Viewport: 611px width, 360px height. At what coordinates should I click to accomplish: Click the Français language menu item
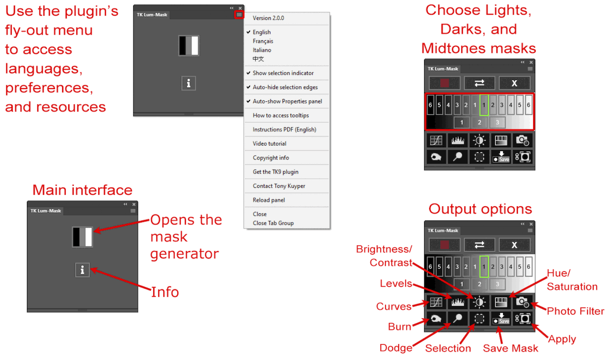click(263, 41)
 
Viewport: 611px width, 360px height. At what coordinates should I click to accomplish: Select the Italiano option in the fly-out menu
click(262, 50)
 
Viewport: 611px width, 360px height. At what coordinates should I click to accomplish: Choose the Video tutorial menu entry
click(269, 144)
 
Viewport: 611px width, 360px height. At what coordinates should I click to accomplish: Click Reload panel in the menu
click(269, 200)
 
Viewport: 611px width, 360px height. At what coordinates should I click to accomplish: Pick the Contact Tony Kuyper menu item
click(279, 186)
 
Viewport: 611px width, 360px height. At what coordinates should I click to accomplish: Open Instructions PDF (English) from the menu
click(285, 129)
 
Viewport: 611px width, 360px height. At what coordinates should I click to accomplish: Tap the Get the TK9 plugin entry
click(275, 172)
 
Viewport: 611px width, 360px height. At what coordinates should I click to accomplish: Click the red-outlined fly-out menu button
click(239, 15)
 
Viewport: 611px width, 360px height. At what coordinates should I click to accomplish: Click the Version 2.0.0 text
click(268, 18)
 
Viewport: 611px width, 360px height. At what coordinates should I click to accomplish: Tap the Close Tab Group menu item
click(273, 223)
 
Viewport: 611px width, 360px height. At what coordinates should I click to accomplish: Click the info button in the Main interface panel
click(82, 270)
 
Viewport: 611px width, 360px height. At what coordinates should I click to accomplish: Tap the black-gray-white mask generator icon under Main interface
click(82, 237)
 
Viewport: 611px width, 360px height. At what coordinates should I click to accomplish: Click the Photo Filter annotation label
click(575, 311)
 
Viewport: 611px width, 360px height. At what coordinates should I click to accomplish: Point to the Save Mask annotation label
click(510, 348)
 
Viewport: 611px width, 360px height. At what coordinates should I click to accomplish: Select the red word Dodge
click(396, 348)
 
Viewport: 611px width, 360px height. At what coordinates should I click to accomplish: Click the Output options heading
click(480, 209)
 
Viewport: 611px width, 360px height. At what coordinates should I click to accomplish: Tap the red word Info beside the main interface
click(165, 292)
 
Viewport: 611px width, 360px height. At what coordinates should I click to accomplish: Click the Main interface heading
click(82, 190)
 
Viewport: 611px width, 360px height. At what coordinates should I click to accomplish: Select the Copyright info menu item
click(270, 158)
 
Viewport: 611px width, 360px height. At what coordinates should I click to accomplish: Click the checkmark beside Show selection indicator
click(248, 73)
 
